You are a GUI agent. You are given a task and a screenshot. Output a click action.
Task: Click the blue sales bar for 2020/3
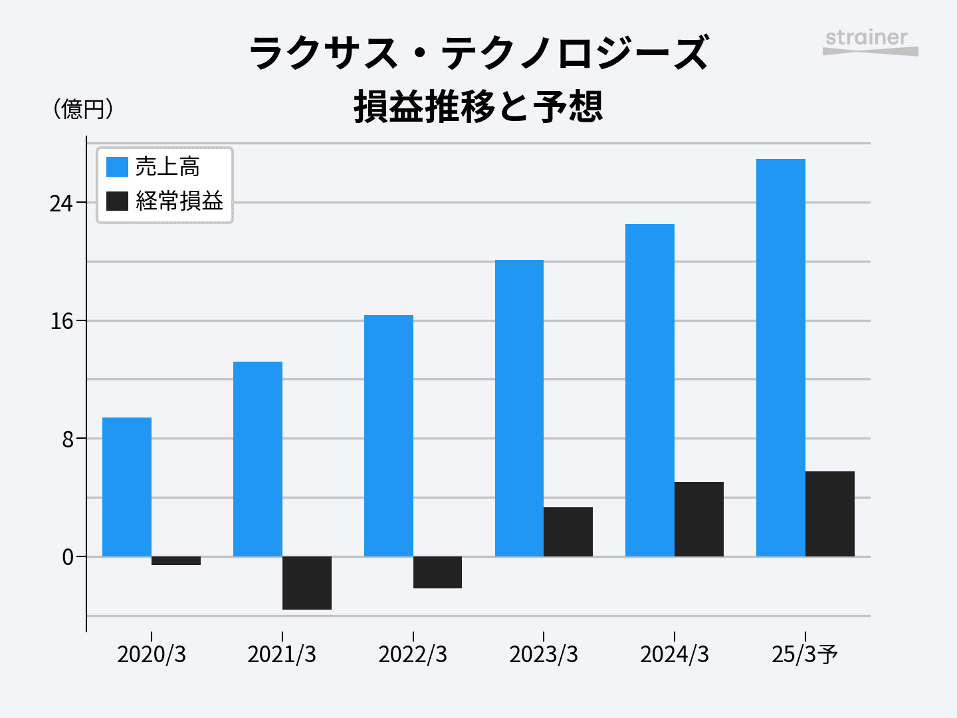(x=127, y=487)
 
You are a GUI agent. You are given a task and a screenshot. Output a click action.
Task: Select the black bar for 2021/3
(x=307, y=582)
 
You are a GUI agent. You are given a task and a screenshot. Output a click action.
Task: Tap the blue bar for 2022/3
(x=389, y=435)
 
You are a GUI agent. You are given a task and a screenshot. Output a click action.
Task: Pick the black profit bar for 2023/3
(x=568, y=532)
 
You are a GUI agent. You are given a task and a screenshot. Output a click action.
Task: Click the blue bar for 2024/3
(x=650, y=390)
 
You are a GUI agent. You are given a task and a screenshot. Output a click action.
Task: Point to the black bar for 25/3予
(x=830, y=514)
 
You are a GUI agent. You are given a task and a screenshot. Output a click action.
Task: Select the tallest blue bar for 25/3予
(x=781, y=358)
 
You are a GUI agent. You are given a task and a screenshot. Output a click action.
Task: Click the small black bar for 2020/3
(x=176, y=560)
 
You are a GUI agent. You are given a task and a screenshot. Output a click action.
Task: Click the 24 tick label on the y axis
(x=61, y=203)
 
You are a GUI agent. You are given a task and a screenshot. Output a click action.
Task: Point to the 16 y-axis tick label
(x=61, y=322)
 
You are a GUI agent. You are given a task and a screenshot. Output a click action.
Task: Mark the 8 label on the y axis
(x=67, y=439)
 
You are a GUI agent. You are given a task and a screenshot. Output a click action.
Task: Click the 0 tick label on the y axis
(x=67, y=557)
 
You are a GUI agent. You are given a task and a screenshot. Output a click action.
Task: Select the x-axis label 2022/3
(x=413, y=655)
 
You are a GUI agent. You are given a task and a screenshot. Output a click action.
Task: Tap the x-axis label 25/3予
(x=805, y=655)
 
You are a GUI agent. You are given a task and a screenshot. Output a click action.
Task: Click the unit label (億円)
(x=82, y=109)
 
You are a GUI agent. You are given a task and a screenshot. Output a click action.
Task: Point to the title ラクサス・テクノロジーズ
(x=478, y=53)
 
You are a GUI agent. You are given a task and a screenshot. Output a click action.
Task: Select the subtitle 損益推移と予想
(x=478, y=106)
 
